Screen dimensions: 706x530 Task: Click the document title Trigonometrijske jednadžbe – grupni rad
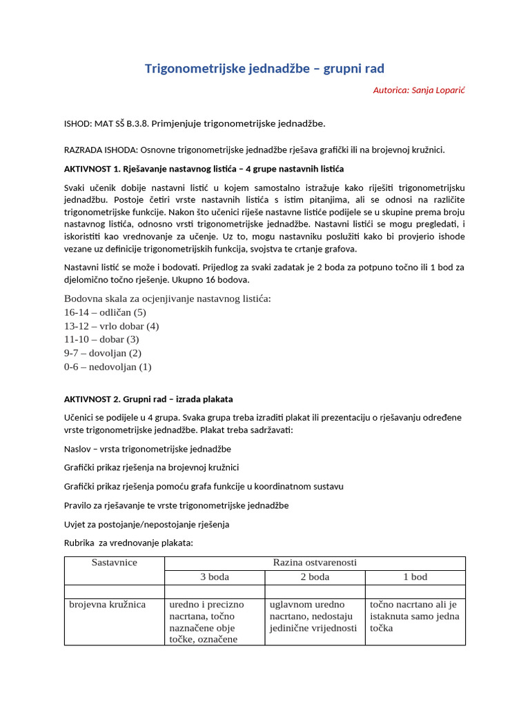[264, 68]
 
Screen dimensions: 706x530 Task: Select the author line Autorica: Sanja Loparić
[418, 90]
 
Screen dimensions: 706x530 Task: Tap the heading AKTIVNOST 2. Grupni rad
[148, 399]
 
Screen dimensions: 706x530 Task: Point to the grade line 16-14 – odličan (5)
[105, 312]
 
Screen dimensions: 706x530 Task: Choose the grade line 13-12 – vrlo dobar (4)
[111, 325]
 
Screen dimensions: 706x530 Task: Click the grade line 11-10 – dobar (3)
[101, 339]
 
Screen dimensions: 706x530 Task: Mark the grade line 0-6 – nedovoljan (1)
[107, 367]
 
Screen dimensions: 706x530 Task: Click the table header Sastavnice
[115, 563]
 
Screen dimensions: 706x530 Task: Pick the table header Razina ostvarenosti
[315, 563]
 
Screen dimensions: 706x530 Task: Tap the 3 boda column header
[214, 577]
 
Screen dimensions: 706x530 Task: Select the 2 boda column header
[315, 577]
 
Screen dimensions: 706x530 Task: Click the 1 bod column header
[415, 577]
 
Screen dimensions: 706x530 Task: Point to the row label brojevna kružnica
[108, 605]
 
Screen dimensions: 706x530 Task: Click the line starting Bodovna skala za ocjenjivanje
[168, 298]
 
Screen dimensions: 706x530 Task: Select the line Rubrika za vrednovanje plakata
[128, 543]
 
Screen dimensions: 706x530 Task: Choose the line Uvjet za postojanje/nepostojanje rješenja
[146, 524]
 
